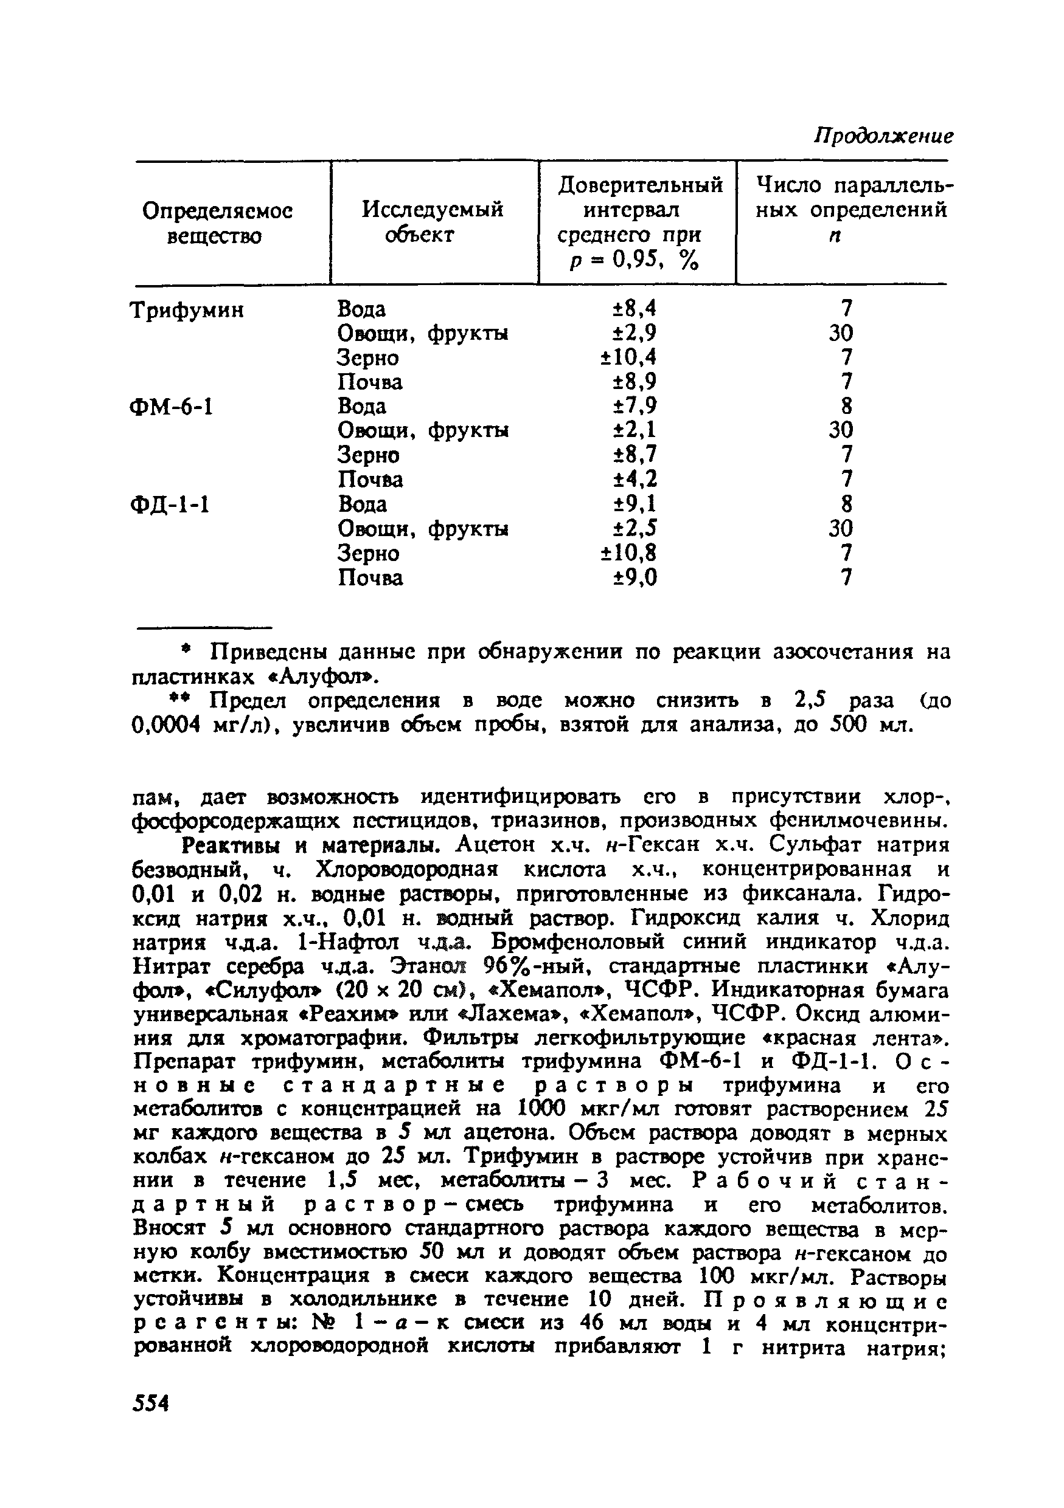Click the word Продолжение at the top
pos(883,137)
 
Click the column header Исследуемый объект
pos(433,222)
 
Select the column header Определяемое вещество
pos(217,223)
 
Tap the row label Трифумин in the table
pos(187,310)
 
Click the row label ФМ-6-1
pos(172,408)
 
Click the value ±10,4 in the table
pos(628,358)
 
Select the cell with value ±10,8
pos(628,554)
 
